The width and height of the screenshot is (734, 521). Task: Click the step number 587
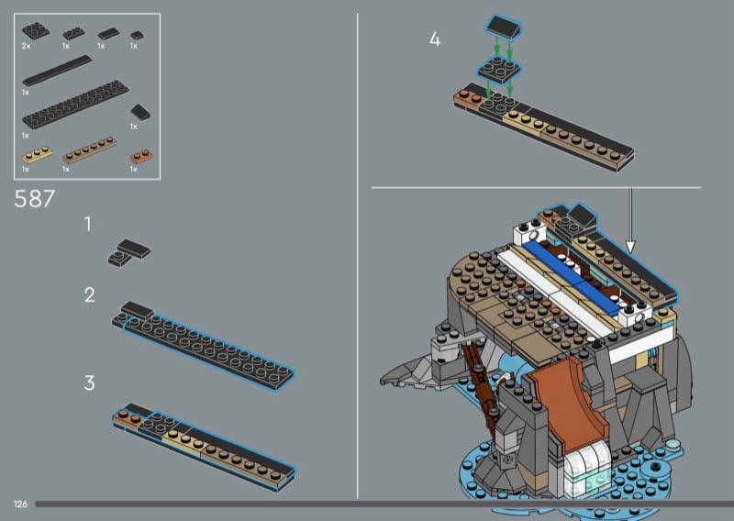35,199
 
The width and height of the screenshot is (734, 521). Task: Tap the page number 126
20,504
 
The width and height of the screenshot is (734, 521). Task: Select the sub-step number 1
87,224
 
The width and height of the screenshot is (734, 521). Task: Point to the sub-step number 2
89,295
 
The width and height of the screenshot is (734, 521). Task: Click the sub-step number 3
89,382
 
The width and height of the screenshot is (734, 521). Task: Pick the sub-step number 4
435,39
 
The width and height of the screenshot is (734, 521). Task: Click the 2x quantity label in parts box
26,46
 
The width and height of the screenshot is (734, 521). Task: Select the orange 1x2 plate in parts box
140,156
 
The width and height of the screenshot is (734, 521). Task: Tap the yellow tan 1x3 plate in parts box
37,154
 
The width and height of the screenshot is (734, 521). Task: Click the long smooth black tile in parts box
57,71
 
